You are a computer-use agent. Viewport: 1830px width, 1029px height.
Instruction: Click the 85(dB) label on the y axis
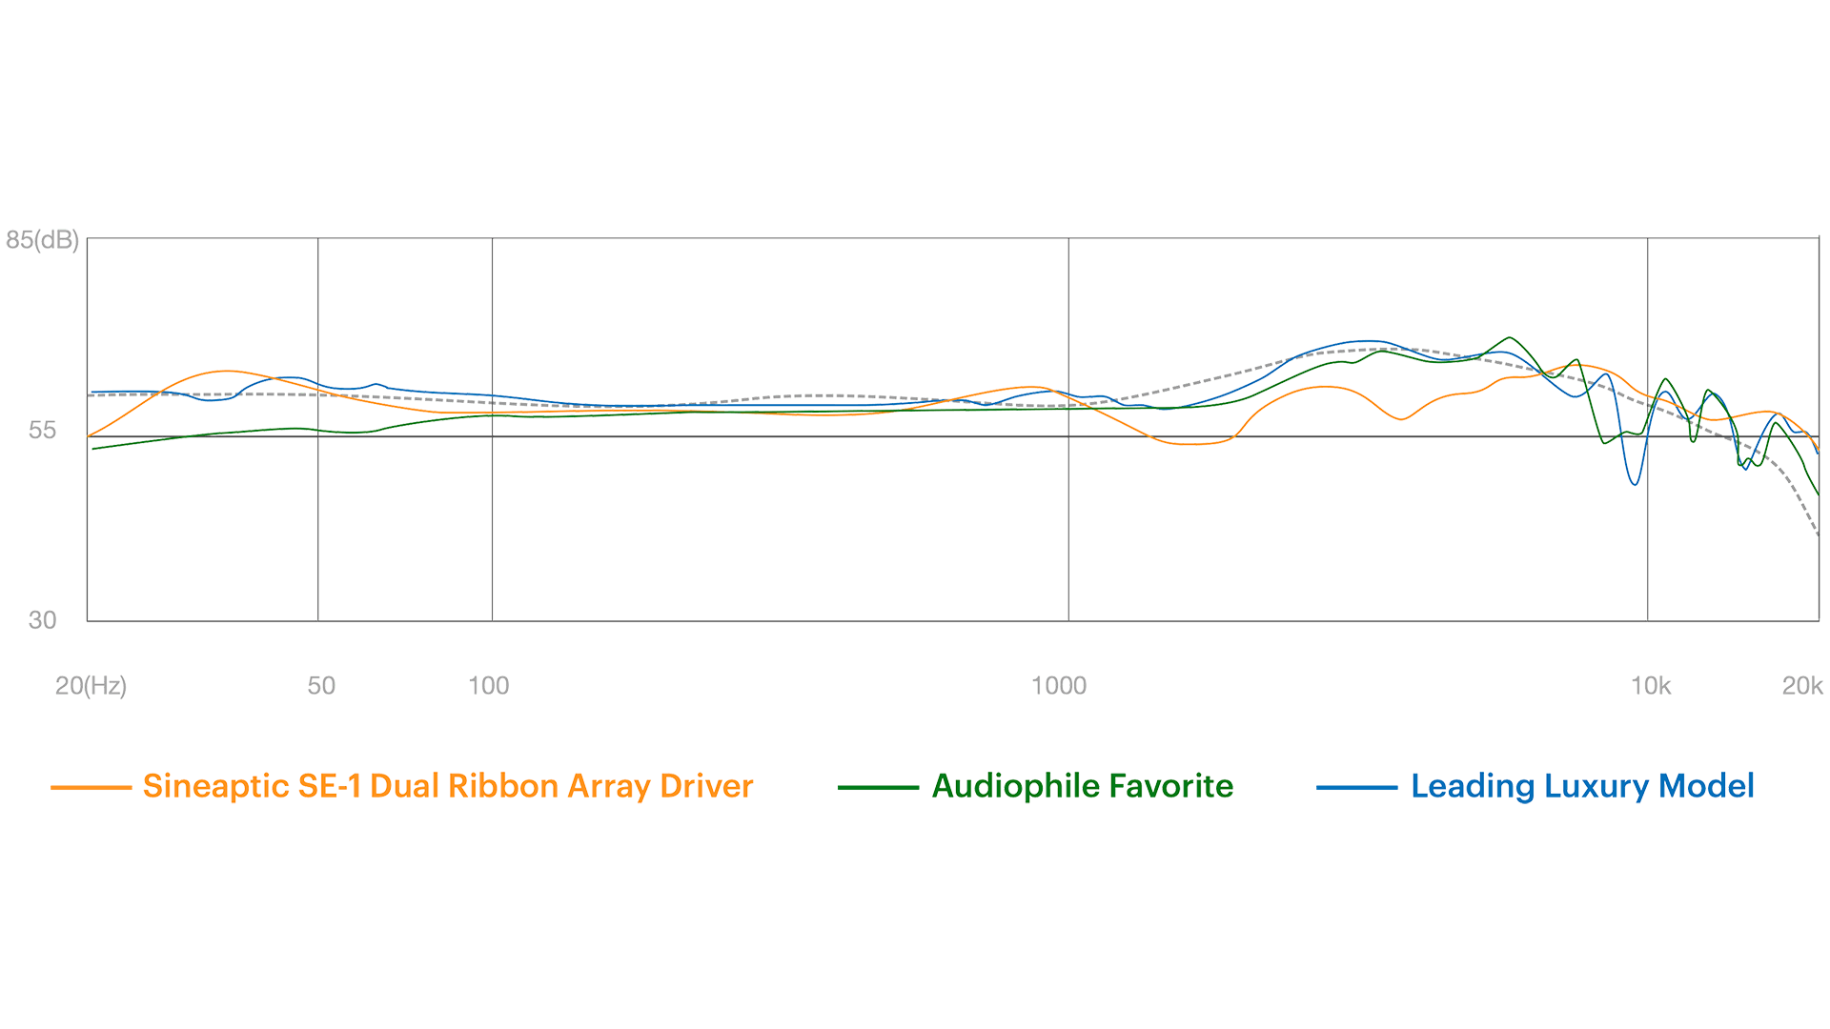coord(42,239)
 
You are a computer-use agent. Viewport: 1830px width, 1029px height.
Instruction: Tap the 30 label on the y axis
coord(43,620)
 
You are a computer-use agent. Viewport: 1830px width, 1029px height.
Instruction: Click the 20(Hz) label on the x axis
coord(91,686)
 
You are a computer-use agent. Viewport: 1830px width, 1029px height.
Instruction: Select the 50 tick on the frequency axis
coord(321,686)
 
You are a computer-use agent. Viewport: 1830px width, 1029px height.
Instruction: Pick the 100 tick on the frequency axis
coord(489,686)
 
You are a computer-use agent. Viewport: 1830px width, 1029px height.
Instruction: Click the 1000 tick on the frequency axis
coord(1059,686)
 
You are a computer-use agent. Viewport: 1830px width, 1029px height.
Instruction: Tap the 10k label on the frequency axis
coord(1651,686)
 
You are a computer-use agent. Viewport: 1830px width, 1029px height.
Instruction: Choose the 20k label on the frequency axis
coord(1802,686)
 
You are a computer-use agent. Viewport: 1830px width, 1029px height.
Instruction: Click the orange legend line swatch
coord(91,788)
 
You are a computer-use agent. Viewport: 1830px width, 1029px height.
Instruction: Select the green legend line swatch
coord(876,788)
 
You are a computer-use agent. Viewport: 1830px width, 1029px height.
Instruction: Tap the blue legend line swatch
coord(1355,788)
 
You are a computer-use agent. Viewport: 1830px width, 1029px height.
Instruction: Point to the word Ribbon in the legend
coord(503,787)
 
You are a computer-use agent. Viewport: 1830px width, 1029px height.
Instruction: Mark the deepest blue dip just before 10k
coord(1635,484)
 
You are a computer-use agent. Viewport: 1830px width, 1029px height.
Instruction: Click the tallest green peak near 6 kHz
coord(1509,338)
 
